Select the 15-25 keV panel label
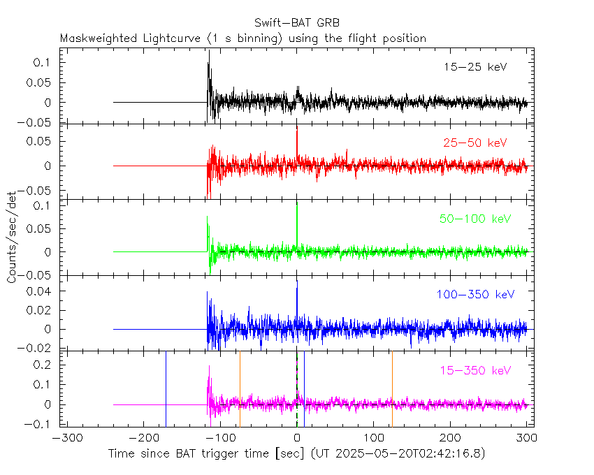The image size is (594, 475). [x=475, y=68]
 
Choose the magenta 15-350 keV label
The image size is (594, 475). [x=475, y=370]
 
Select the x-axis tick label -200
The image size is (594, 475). [x=143, y=439]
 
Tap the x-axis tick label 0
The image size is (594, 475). [x=297, y=439]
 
